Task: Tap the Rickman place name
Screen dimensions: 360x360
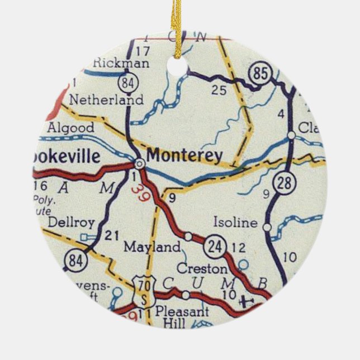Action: coord(121,63)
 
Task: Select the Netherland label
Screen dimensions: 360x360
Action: coord(106,100)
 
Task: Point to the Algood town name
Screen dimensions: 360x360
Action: coord(70,127)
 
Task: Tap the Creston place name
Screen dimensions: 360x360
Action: coord(198,268)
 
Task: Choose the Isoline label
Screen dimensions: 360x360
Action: coord(235,223)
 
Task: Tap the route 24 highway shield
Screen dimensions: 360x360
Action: coord(214,245)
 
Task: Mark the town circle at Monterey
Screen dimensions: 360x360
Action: coord(139,163)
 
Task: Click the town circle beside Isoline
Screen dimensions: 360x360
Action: coord(267,227)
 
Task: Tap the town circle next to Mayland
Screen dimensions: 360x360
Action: coord(188,236)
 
